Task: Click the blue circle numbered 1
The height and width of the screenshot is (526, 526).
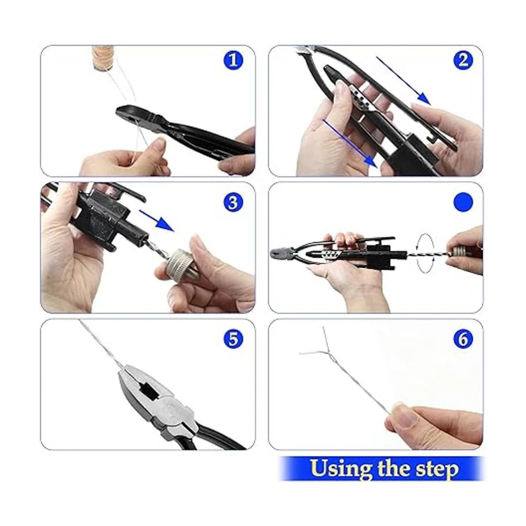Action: (233, 60)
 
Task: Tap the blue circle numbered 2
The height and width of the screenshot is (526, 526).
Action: (463, 60)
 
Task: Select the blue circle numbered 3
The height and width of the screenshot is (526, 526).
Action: (233, 203)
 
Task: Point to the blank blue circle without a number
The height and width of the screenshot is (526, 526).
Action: (463, 202)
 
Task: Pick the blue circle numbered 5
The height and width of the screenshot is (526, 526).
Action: (233, 339)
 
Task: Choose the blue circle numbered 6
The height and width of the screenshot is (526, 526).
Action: (463, 339)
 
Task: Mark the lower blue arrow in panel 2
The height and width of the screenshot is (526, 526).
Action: (350, 144)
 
